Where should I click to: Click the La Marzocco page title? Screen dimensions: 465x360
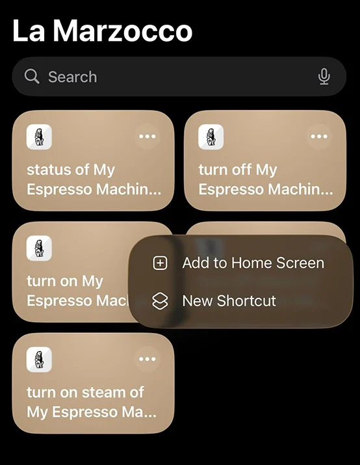tap(102, 31)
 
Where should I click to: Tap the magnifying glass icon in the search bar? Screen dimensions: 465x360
tap(32, 77)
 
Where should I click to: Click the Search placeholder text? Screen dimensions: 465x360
tap(72, 77)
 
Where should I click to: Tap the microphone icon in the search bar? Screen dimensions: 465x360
tap(324, 77)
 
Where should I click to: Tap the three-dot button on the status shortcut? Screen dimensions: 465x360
tap(148, 137)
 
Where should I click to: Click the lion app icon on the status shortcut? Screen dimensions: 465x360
tap(39, 137)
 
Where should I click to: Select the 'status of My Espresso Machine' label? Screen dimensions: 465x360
tap(94, 179)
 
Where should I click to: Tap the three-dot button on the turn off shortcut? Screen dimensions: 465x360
tap(319, 137)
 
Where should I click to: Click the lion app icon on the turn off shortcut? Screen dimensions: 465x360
tap(211, 137)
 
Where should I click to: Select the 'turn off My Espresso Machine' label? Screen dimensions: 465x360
tap(265, 179)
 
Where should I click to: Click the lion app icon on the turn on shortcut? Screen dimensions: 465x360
tap(39, 248)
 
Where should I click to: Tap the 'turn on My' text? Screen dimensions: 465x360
tap(65, 282)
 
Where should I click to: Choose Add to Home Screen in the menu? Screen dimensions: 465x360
tap(253, 263)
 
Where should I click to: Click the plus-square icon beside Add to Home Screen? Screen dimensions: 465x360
tap(160, 263)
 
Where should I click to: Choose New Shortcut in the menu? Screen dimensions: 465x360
tap(229, 301)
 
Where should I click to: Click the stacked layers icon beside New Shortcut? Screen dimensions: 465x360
tap(160, 301)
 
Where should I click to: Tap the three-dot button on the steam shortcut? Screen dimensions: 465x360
tap(148, 359)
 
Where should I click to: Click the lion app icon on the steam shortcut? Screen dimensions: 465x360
tap(39, 359)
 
